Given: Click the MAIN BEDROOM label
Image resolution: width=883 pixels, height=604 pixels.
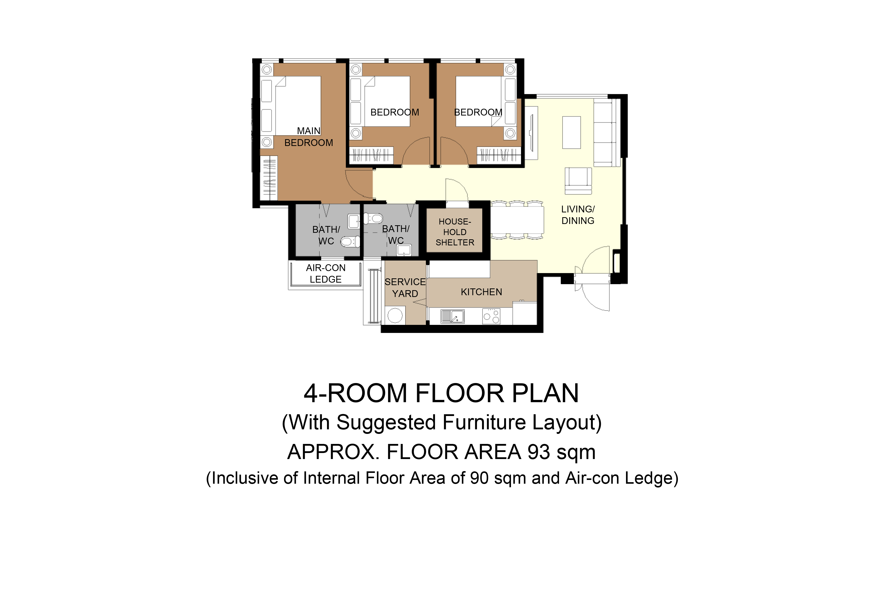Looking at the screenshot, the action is [x=309, y=137].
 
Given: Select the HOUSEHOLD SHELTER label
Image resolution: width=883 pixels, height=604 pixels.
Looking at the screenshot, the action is [x=455, y=232].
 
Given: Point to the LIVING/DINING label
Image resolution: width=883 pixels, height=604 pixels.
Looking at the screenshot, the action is [x=578, y=215].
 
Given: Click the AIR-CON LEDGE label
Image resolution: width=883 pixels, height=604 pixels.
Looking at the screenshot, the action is [x=326, y=274].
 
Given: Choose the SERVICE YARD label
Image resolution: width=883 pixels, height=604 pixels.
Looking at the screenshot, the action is [x=405, y=288].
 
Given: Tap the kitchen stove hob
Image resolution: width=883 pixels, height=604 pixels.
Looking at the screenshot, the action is [x=491, y=316].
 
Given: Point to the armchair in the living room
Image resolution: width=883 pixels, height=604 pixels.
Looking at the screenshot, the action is [x=578, y=181].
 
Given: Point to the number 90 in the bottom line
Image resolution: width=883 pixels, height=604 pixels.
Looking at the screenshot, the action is [x=479, y=478].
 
